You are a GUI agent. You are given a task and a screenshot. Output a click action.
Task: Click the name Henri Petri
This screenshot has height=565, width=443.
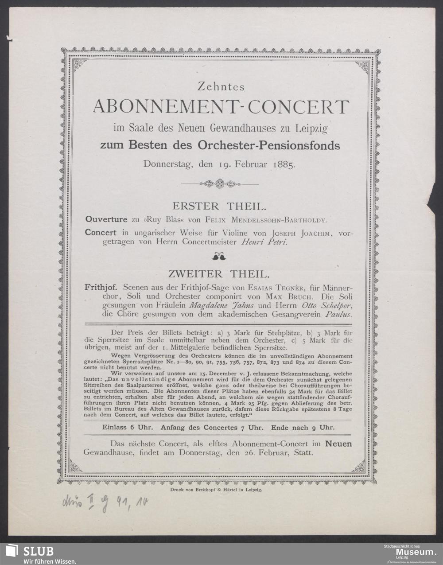click(265, 242)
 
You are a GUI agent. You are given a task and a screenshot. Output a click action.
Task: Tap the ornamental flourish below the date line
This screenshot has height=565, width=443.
click(220, 183)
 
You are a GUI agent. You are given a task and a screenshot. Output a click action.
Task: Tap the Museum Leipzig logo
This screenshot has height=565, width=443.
click(410, 552)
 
